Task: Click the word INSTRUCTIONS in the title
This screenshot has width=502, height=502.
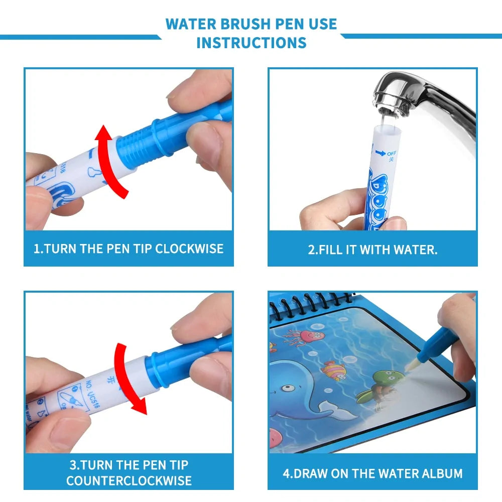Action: (251, 43)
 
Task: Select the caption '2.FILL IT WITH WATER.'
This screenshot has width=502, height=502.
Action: (372, 249)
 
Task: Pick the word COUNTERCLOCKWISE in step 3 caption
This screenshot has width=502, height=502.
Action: (129, 480)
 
